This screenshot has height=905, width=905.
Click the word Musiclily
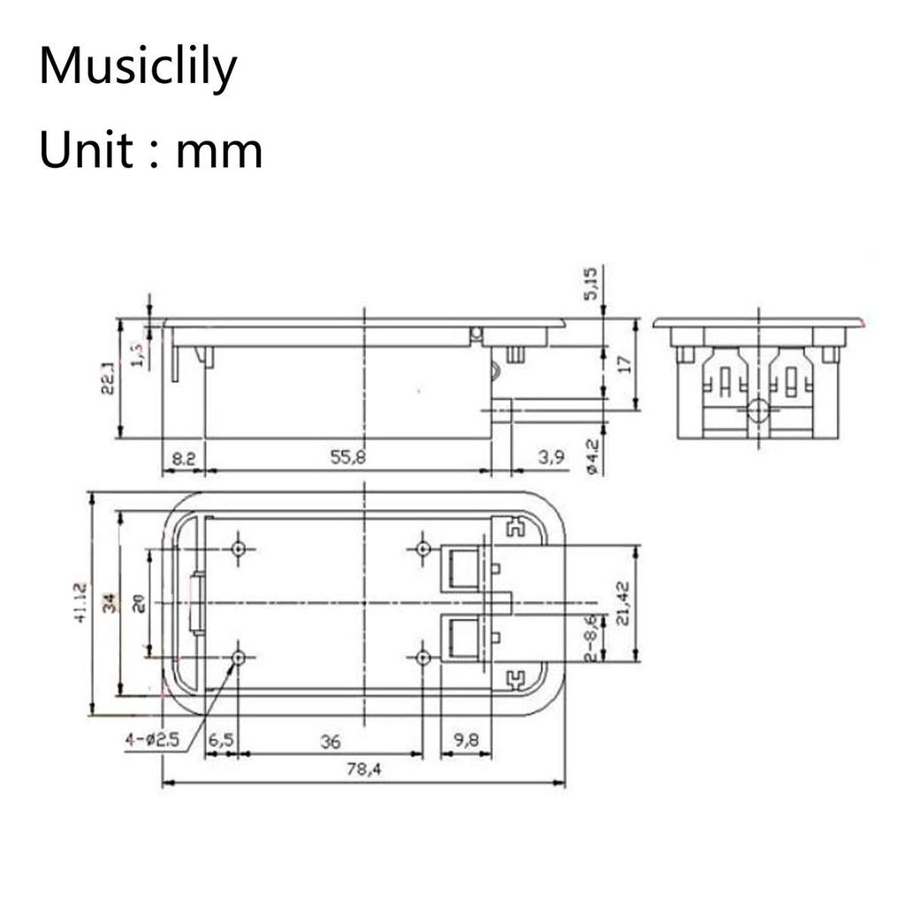tap(139, 68)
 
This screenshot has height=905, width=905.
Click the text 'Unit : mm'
tap(151, 150)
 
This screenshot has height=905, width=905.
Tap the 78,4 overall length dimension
tap(363, 771)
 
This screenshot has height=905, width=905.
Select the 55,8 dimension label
tap(348, 458)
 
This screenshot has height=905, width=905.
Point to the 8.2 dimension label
tap(183, 458)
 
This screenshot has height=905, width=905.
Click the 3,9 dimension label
tap(550, 458)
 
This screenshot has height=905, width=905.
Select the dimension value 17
tap(624, 364)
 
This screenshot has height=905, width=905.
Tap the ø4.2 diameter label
tap(592, 458)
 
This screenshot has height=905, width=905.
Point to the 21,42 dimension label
tap(624, 603)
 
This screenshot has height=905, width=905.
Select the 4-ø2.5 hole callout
tap(152, 741)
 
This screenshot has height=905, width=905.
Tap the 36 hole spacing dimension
tap(330, 741)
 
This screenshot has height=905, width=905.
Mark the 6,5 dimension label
tap(221, 741)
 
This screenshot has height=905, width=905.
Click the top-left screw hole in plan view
tap(238, 549)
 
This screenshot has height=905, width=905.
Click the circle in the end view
tap(758, 410)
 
